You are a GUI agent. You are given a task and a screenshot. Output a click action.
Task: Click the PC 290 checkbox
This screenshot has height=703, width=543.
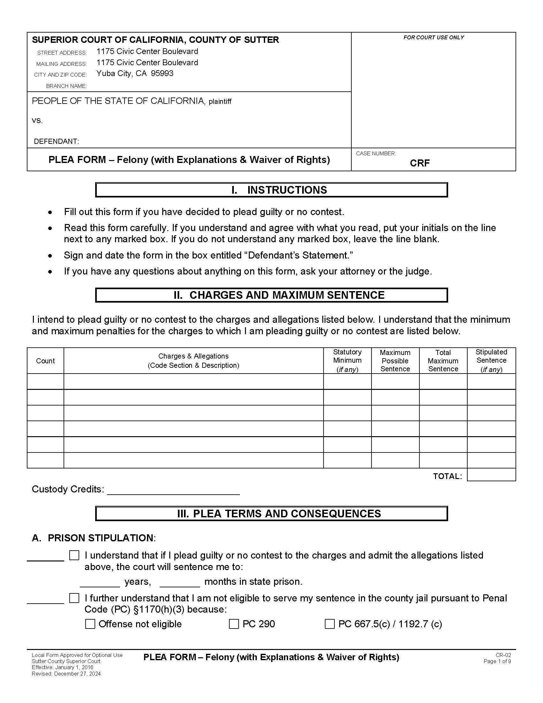coord(233,624)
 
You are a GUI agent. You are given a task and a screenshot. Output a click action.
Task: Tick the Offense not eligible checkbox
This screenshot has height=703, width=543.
coord(90,624)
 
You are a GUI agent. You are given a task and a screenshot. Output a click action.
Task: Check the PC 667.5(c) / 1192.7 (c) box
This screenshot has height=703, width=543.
coord(329,624)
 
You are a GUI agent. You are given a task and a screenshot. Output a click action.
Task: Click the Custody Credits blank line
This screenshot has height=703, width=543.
coord(173,491)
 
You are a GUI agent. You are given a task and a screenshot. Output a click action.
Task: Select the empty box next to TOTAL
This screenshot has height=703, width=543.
coord(491,475)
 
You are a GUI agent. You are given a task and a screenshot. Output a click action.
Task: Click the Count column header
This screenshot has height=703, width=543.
coord(45,361)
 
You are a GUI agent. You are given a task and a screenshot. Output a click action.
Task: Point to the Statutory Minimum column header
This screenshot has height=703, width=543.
coord(347,360)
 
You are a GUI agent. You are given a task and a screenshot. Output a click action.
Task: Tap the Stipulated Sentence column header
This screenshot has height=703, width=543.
coord(491,360)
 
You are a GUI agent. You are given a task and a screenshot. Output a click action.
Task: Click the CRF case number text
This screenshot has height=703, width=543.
coord(420,163)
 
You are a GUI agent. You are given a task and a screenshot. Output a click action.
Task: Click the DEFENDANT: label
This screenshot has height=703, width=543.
coord(56,141)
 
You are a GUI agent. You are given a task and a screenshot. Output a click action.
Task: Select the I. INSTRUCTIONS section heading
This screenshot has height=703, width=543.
coord(271,190)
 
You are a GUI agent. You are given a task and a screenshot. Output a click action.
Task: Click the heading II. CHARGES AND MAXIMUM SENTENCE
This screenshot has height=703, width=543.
coord(271,295)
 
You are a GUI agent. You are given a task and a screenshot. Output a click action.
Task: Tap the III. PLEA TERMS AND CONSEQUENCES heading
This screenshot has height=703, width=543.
coord(271,514)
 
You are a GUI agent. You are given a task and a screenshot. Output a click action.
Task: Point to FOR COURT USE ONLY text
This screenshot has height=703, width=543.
coord(433,37)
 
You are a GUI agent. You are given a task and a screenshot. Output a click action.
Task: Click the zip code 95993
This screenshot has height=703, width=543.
coord(162,73)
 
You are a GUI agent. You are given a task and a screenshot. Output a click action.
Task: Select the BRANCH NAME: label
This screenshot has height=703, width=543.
coord(66,86)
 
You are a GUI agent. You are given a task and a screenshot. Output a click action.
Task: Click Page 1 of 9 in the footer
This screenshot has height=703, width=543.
coord(497,661)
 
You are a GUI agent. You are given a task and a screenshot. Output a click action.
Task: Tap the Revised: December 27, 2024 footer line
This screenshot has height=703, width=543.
coord(66,674)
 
